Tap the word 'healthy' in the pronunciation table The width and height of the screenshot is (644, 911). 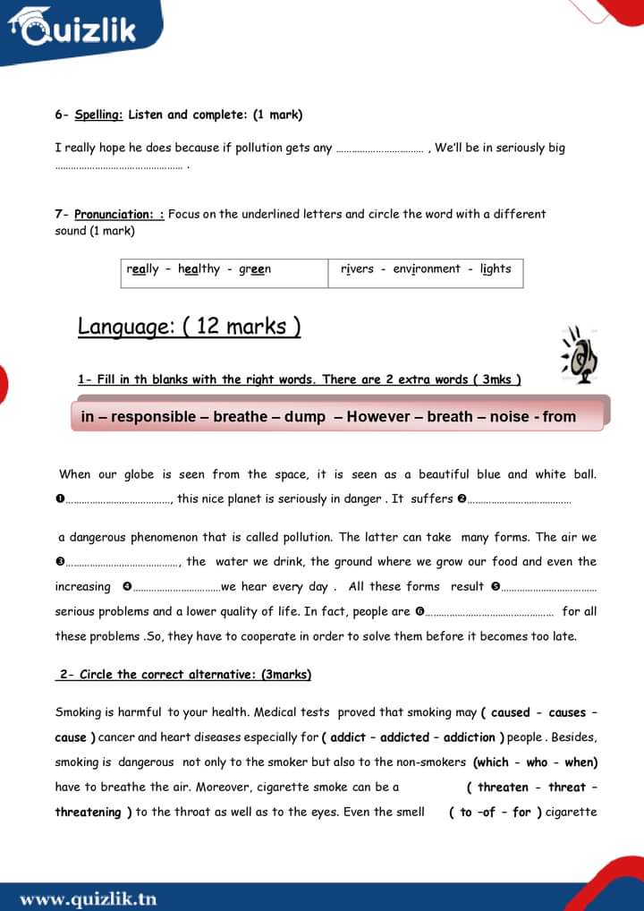click(x=199, y=269)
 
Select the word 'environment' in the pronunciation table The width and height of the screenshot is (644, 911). click(x=427, y=269)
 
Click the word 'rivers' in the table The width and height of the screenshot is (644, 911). click(x=357, y=269)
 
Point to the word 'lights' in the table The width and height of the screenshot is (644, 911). click(x=496, y=269)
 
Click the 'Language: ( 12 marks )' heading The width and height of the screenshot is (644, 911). click(x=189, y=327)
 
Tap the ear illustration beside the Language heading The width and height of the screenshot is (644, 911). click(x=579, y=354)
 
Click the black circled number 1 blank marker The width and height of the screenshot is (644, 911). click(x=59, y=499)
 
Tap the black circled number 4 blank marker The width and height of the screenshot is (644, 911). click(x=127, y=587)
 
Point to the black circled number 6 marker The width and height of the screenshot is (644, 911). click(x=419, y=612)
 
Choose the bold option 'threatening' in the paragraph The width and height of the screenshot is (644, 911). click(x=88, y=813)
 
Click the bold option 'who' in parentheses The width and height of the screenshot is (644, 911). click(x=537, y=762)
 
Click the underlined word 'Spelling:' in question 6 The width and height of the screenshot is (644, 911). click(x=99, y=115)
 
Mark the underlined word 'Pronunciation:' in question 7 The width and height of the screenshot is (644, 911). click(x=114, y=215)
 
